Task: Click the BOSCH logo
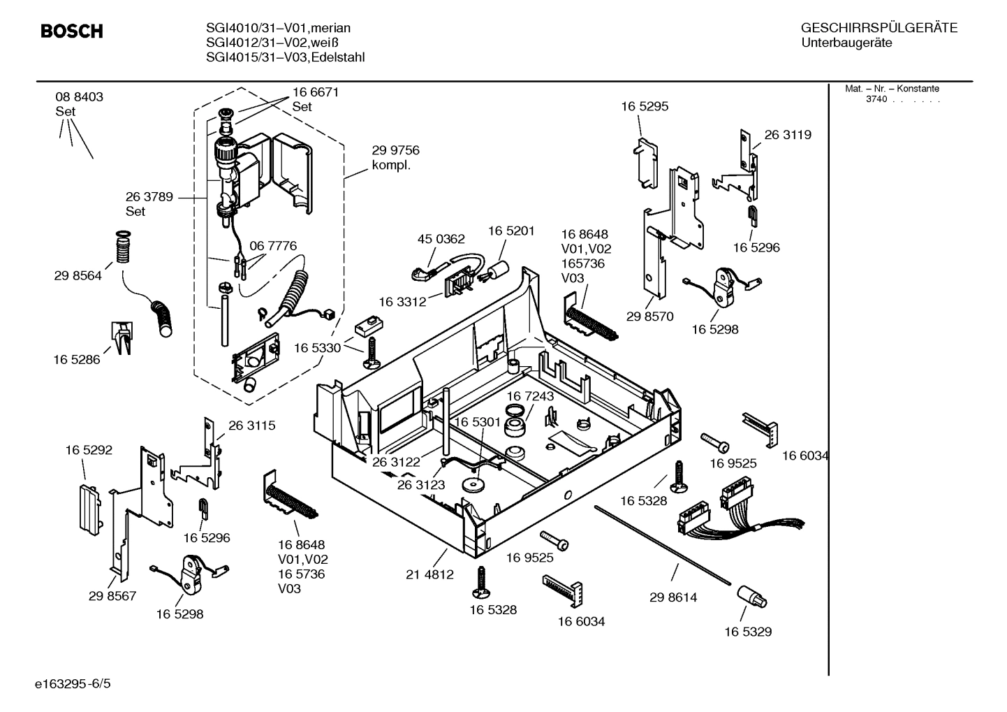72,31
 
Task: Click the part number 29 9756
395,150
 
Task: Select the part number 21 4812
429,574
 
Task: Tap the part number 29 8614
672,597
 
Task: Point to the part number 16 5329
747,632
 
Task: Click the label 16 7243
530,396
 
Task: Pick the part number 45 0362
441,239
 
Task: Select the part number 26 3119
788,135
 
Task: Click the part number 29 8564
78,276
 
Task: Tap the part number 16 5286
76,360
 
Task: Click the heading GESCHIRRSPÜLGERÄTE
879,28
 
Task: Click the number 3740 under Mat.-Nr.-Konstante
876,99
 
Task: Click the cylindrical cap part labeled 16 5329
751,597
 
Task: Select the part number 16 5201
511,231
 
